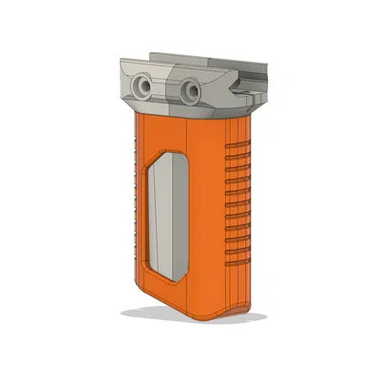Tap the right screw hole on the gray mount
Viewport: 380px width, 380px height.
[x=192, y=93]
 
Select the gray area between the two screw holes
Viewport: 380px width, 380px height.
[x=169, y=90]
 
